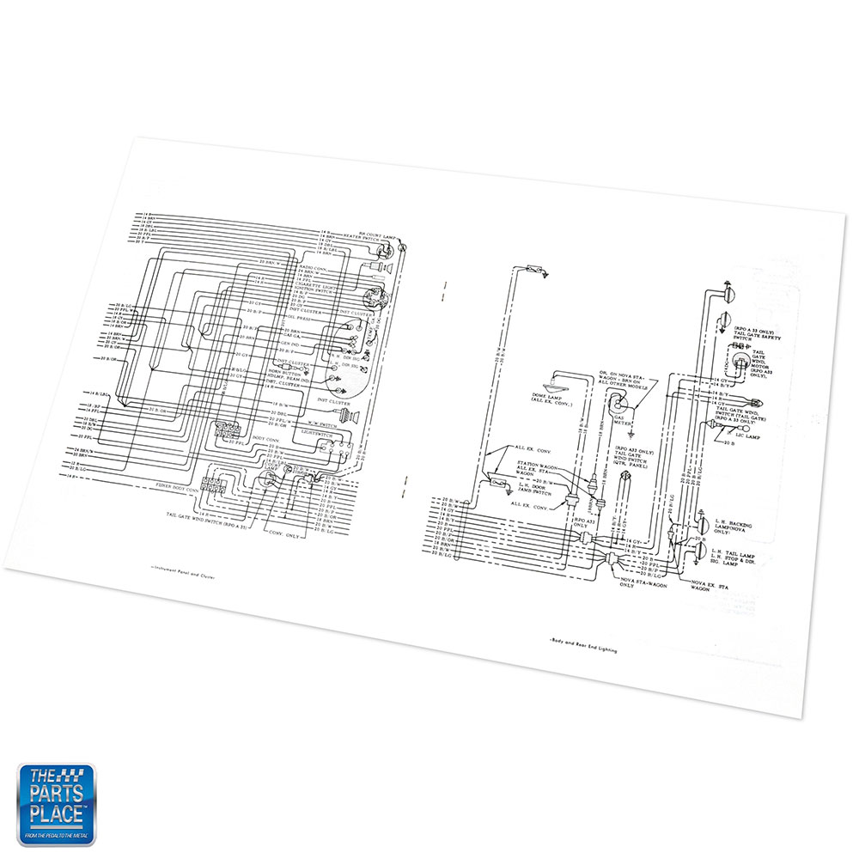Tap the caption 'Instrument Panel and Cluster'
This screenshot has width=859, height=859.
coord(176,576)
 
